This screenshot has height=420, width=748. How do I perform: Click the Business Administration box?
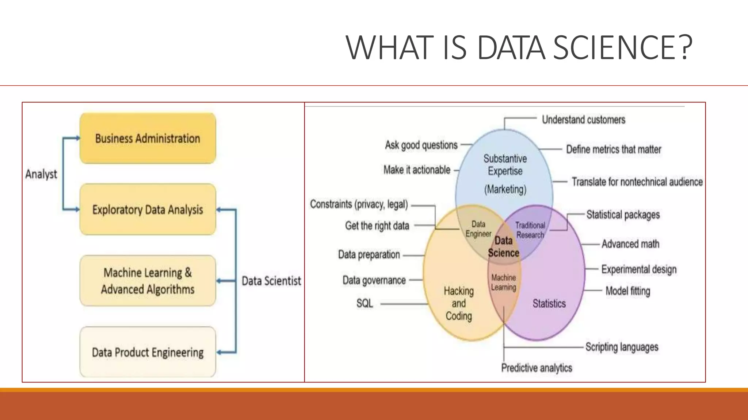148,139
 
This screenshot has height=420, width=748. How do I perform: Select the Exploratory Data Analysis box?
148,210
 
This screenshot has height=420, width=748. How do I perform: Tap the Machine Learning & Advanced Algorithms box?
148,281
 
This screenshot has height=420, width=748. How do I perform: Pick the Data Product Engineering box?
148,352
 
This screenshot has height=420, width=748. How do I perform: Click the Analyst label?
41,174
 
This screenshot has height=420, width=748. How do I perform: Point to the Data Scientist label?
271,281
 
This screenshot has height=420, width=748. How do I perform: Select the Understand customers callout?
583,120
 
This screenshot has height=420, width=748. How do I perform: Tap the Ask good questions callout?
421,145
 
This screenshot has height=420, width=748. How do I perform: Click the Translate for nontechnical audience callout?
637,182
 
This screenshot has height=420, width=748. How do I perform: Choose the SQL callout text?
365,303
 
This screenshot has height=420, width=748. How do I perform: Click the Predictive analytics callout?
536,368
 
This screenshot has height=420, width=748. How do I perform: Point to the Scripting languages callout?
622,347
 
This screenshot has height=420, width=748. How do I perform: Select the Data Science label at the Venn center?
503,247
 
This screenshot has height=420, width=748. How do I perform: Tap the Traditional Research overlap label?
530,230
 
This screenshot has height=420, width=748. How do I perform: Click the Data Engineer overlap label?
478,229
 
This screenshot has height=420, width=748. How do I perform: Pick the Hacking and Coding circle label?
459,303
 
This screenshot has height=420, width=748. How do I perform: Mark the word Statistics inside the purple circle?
549,303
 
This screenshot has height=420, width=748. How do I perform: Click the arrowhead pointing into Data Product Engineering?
219,353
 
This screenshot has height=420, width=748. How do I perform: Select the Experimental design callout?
639,269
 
